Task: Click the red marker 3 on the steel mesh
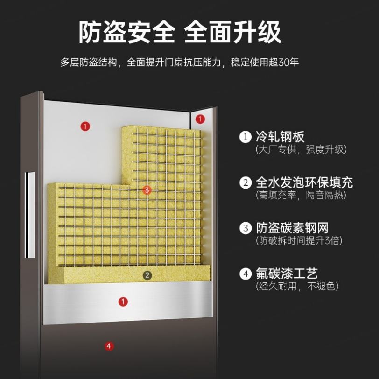tap(147, 190)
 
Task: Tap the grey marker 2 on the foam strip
tap(147, 275)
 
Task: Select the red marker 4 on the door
tap(109, 346)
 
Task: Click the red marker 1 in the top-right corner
tap(200, 119)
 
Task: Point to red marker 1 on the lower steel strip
tap(123, 302)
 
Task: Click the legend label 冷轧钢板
tap(280, 137)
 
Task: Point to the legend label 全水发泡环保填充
tap(304, 182)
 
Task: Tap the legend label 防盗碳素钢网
tap(292, 228)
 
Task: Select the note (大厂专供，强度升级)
tap(301, 150)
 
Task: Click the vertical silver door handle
tap(30, 215)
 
